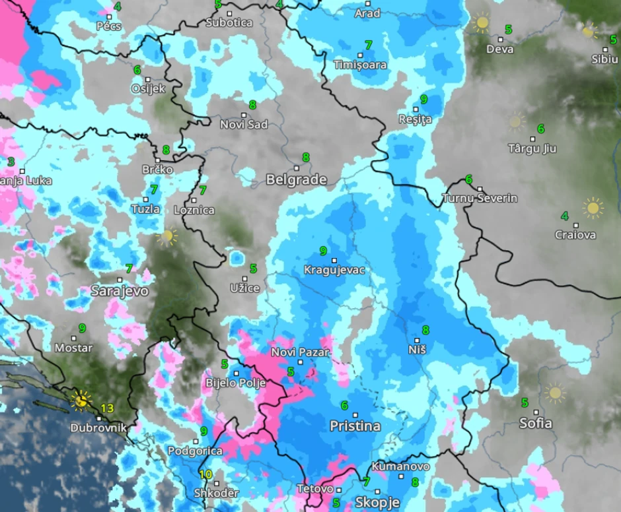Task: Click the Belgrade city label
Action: pyautogui.click(x=296, y=179)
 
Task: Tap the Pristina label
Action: pyautogui.click(x=355, y=426)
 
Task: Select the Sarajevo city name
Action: pyautogui.click(x=119, y=290)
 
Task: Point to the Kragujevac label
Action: pyautogui.click(x=334, y=270)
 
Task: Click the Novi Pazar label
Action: pyautogui.click(x=300, y=352)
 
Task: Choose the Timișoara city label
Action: pyautogui.click(x=360, y=65)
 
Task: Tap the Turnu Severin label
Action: pyautogui.click(x=480, y=198)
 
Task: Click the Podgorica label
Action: pyautogui.click(x=195, y=451)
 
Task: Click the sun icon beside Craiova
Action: pyautogui.click(x=593, y=208)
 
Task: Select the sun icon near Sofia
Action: pyautogui.click(x=554, y=393)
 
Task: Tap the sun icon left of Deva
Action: pyautogui.click(x=482, y=24)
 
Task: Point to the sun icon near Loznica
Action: pyautogui.click(x=167, y=236)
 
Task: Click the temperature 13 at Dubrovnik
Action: pyautogui.click(x=107, y=408)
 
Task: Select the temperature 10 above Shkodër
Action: pyautogui.click(x=205, y=474)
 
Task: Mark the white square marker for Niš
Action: pyautogui.click(x=417, y=340)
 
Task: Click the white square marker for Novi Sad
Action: pyautogui.click(x=243, y=115)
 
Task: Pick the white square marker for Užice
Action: pyautogui.click(x=244, y=278)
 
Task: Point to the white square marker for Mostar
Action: pyautogui.click(x=73, y=338)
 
